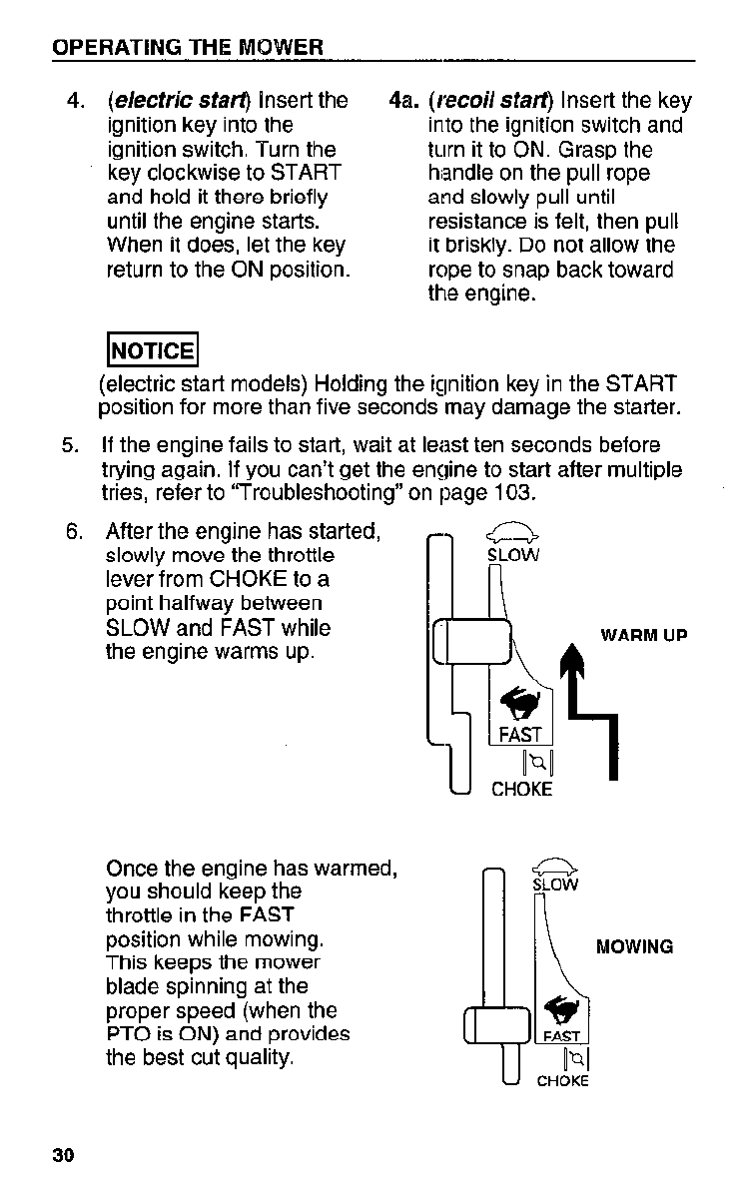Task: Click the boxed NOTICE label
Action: (151, 349)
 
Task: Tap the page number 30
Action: (64, 1156)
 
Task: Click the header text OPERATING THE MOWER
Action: (188, 48)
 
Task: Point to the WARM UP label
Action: (643, 635)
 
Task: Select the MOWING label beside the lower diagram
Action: (634, 946)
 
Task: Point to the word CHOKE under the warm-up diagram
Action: (521, 789)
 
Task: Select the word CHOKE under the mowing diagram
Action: (562, 1080)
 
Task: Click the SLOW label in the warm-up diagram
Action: (512, 555)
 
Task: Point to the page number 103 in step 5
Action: (515, 492)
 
